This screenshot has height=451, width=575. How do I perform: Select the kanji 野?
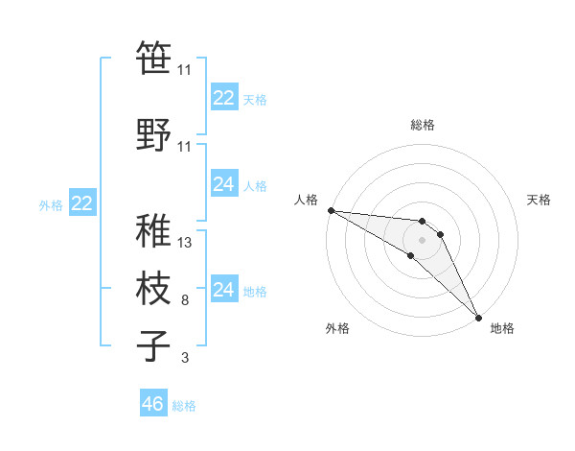(x=154, y=133)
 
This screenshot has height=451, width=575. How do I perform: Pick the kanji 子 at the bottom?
(x=154, y=345)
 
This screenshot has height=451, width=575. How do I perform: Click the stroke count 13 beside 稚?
(x=185, y=243)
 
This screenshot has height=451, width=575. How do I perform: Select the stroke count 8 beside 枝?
(x=185, y=301)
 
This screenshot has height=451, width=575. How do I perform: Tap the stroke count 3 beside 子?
(x=185, y=359)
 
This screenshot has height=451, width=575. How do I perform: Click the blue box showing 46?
(x=153, y=404)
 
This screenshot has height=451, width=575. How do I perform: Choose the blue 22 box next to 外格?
(x=82, y=202)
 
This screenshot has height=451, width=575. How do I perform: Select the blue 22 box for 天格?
(x=224, y=98)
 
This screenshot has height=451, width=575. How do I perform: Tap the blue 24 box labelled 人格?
(x=224, y=184)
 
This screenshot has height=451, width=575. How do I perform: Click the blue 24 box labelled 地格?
(x=224, y=290)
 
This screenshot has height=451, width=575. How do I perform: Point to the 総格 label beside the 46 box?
(x=184, y=406)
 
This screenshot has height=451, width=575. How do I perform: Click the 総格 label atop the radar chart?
(x=423, y=125)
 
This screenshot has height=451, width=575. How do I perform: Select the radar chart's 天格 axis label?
(x=540, y=200)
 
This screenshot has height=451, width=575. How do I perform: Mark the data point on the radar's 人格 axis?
(x=331, y=210)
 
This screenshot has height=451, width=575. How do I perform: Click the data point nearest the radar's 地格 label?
(x=477, y=316)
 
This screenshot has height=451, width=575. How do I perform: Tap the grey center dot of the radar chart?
(x=423, y=238)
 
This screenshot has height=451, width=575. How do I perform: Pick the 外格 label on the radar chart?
(x=337, y=328)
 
